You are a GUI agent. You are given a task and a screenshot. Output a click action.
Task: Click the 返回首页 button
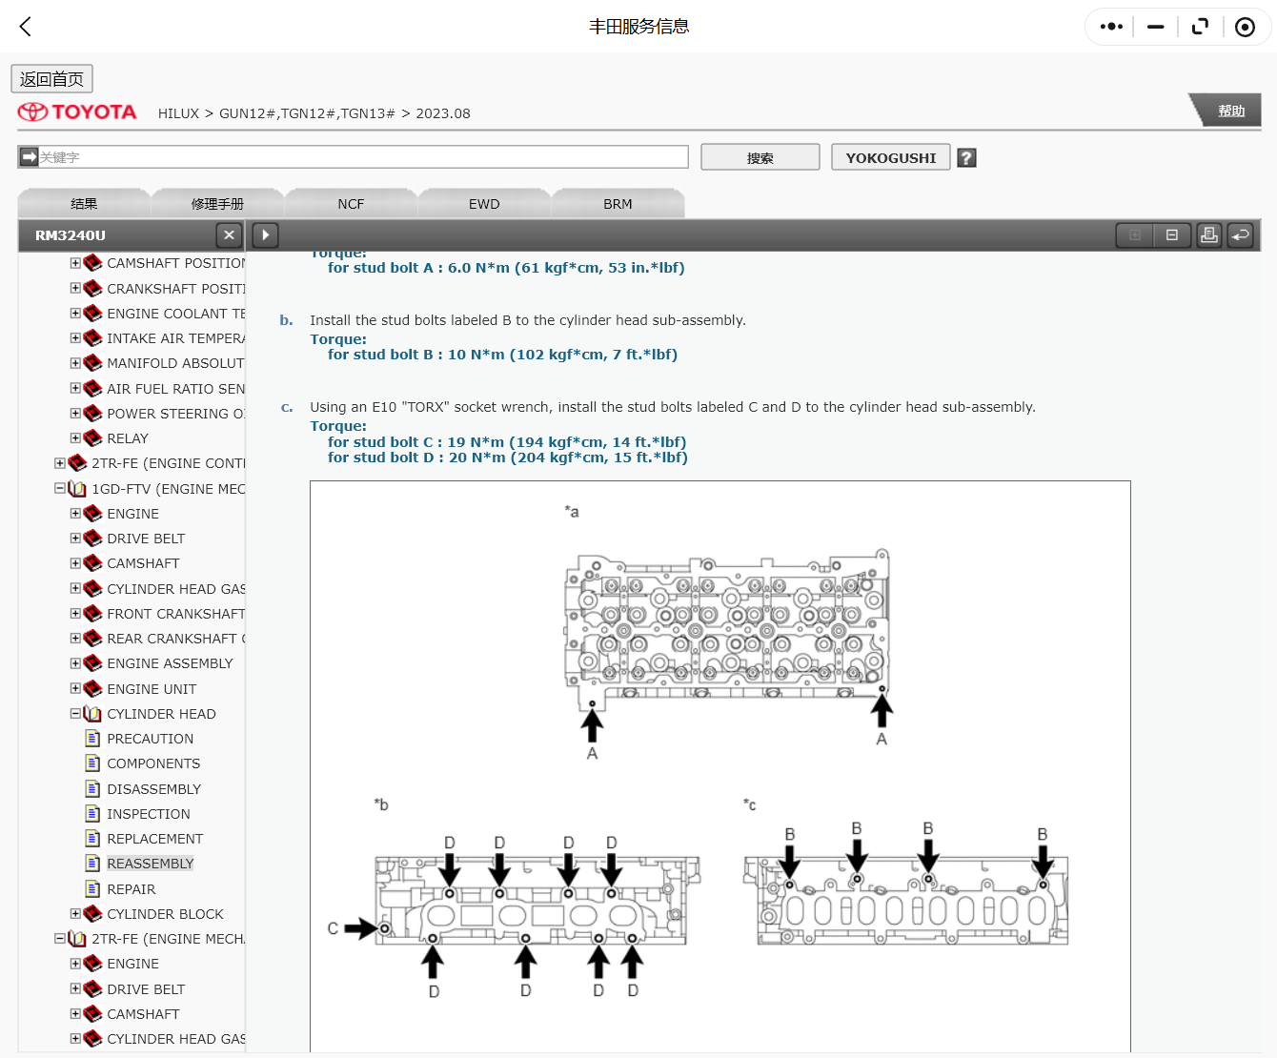tap(51, 79)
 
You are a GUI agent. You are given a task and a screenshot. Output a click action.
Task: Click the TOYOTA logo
tap(77, 112)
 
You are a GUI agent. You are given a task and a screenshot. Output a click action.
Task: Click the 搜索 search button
tap(760, 157)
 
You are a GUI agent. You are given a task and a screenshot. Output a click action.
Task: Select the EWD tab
tap(483, 204)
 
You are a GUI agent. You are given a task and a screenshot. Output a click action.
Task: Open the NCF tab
tap(351, 204)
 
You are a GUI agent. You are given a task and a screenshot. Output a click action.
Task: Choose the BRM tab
tap(618, 204)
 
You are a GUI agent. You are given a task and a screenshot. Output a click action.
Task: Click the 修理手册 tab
tap(217, 204)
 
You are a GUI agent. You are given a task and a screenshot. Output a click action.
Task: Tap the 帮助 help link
tap(1231, 112)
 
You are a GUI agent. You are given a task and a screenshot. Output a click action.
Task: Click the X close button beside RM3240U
tap(229, 234)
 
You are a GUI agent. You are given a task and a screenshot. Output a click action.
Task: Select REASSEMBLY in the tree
tap(150, 864)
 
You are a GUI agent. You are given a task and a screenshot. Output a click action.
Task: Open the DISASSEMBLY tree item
tap(153, 789)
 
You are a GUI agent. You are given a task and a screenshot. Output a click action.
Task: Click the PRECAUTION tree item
tap(150, 739)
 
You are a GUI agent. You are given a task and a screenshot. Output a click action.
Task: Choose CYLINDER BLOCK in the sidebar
tap(165, 914)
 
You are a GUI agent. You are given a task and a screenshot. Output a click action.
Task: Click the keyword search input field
tap(362, 157)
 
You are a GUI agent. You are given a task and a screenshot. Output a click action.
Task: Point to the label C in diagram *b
tap(333, 928)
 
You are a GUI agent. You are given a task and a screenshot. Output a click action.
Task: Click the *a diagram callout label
tap(572, 512)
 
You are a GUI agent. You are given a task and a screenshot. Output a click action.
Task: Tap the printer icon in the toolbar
tap(1208, 234)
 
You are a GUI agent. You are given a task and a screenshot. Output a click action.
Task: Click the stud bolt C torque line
tap(506, 442)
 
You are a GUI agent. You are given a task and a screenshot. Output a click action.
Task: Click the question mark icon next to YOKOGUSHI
tap(966, 158)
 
